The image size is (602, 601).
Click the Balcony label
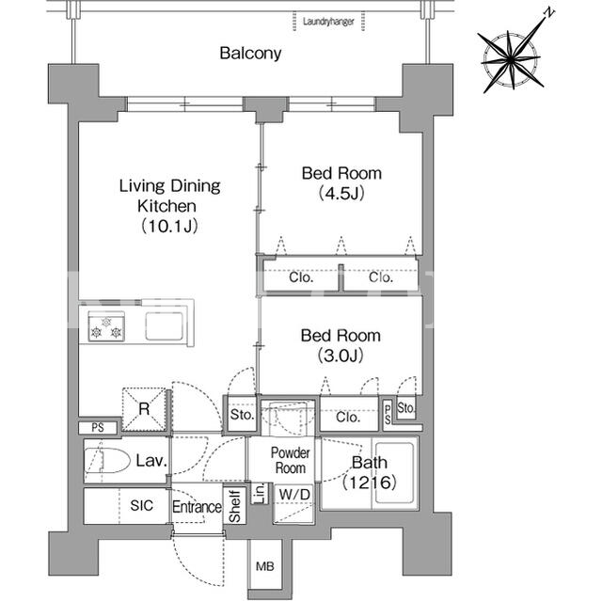coord(250,53)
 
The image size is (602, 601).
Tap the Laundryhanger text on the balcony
coord(328,22)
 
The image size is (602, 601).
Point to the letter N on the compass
coord(549,13)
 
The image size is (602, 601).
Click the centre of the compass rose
coord(511,59)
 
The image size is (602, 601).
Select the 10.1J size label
coord(169,226)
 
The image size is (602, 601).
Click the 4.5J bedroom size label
coord(341,194)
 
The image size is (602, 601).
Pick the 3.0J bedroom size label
coord(341,356)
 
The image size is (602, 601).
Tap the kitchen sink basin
coord(164,326)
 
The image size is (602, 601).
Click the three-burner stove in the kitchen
coord(106,326)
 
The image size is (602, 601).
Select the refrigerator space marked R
coord(144,409)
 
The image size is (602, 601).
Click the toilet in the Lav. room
coord(107,460)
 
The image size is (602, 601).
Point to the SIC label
coord(142,505)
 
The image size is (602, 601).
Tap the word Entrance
coord(197,507)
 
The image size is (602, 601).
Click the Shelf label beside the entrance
coord(234,506)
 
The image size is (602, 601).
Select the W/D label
coord(294,495)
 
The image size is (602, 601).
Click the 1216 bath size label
coord(369,482)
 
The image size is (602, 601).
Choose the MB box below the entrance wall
coord(265,566)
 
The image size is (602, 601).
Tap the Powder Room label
coord(291,460)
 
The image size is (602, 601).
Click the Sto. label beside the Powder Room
coord(243,415)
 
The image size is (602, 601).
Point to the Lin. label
coord(260,494)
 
